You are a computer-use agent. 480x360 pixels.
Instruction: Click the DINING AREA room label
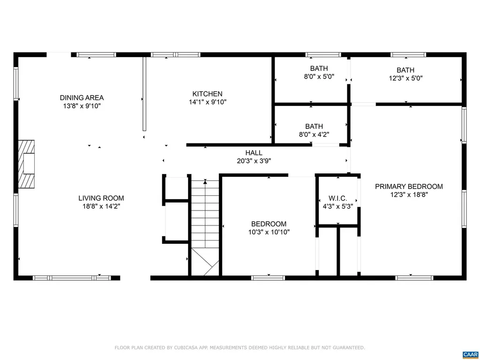pyautogui.click(x=82, y=97)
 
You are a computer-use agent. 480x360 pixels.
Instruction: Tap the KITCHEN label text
pyautogui.click(x=207, y=94)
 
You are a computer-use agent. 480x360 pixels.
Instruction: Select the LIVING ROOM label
pyautogui.click(x=101, y=198)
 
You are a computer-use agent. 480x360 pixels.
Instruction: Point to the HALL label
pyautogui.click(x=254, y=153)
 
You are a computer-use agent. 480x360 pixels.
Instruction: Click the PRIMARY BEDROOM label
pyautogui.click(x=409, y=186)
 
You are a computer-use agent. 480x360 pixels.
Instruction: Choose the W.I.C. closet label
pyautogui.click(x=337, y=198)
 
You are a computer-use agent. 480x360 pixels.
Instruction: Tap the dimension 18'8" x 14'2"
pyautogui.click(x=101, y=206)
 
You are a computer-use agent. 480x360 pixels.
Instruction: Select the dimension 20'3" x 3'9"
pyautogui.click(x=254, y=161)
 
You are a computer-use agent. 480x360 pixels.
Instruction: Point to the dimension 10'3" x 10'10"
pyautogui.click(x=269, y=232)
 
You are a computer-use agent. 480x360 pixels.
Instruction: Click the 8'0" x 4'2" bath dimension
pyautogui.click(x=314, y=134)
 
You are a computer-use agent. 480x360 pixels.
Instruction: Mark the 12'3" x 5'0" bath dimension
pyautogui.click(x=405, y=79)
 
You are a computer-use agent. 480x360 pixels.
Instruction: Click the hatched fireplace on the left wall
pyautogui.click(x=27, y=164)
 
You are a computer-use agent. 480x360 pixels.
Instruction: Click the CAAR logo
pyautogui.click(x=470, y=354)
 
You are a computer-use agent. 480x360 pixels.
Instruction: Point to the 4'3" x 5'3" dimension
pyautogui.click(x=337, y=206)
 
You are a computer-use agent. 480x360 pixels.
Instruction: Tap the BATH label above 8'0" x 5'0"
pyautogui.click(x=319, y=68)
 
